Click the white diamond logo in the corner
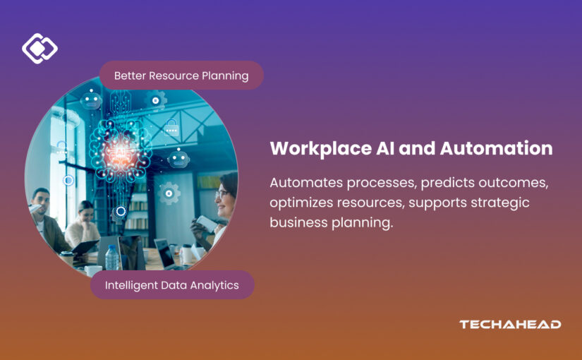tap(40, 49)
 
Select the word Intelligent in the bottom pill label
tap(133, 285)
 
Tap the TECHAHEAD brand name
tap(510, 325)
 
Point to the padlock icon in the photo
tap(171, 128)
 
